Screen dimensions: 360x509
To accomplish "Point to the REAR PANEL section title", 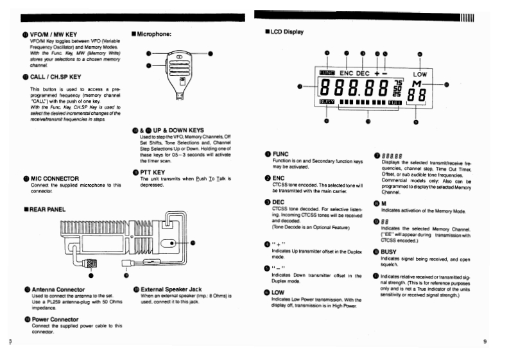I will pos(42,209).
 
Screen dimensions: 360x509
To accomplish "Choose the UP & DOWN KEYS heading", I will pos(171,130).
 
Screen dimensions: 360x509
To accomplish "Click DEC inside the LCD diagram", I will pos(364,73).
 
